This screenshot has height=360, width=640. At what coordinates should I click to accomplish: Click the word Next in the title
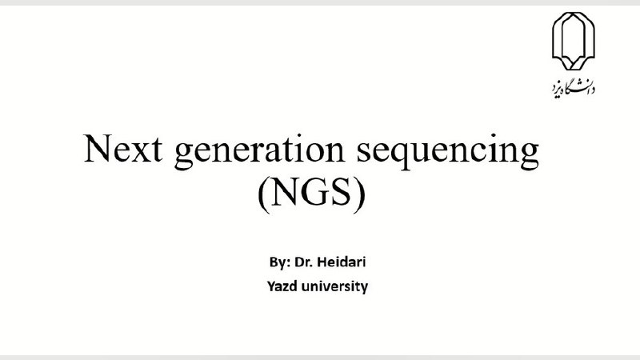[123, 148]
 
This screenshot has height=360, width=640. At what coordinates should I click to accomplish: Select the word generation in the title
[259, 151]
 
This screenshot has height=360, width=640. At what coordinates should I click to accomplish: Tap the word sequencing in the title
[448, 151]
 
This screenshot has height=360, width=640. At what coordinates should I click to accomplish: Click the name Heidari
[342, 262]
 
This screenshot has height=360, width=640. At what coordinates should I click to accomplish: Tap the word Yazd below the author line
[282, 286]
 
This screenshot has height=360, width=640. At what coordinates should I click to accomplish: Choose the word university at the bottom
[334, 286]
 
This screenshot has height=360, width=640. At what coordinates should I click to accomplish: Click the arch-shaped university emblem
[573, 42]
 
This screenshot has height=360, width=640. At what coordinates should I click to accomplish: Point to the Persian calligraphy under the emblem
[573, 87]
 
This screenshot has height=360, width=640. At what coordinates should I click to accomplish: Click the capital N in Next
[98, 148]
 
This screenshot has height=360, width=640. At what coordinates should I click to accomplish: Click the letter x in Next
[140, 152]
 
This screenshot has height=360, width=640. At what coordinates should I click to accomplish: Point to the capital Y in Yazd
[272, 286]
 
